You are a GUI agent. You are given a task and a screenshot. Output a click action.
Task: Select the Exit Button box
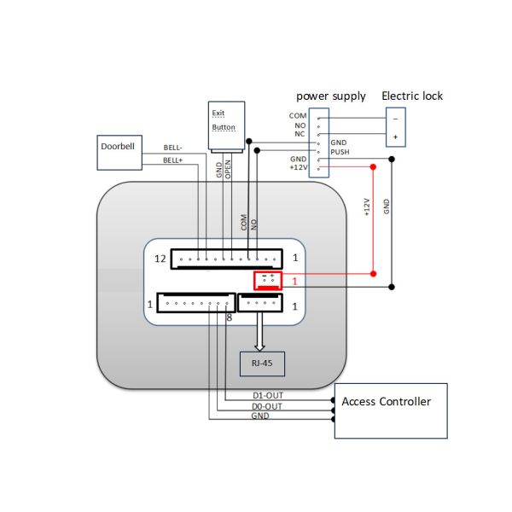226,120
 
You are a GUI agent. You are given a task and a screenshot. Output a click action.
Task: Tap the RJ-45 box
260,364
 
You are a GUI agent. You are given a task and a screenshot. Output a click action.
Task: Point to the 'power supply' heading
331,96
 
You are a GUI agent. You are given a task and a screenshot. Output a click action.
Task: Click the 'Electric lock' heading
413,96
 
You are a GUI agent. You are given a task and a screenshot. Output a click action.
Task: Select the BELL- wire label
174,148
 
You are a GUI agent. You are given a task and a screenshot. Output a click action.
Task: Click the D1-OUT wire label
267,396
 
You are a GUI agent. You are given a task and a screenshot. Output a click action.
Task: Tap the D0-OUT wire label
267,406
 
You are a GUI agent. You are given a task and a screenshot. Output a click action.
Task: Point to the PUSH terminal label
340,152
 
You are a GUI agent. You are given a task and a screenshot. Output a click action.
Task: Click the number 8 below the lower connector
230,318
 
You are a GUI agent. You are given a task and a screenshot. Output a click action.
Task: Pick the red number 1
294,281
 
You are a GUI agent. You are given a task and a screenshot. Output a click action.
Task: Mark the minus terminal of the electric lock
395,118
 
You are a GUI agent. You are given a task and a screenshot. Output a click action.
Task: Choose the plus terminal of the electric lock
395,137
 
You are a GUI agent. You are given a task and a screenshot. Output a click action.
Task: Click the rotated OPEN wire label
228,170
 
